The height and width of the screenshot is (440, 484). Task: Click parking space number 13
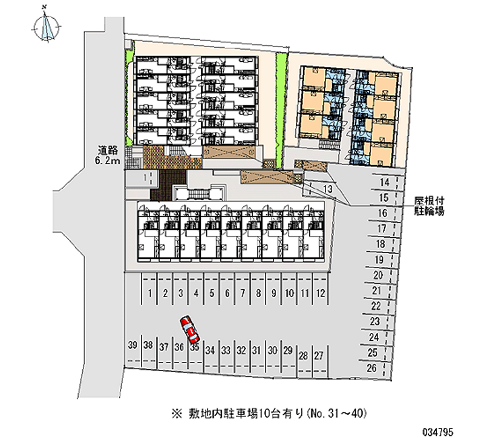(x=328, y=190)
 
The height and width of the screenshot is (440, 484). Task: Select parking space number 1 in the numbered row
(x=149, y=294)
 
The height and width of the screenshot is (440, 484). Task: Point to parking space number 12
(x=321, y=294)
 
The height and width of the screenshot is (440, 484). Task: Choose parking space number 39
(x=132, y=346)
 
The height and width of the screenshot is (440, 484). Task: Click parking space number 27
(x=319, y=355)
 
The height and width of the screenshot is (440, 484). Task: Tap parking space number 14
(x=384, y=182)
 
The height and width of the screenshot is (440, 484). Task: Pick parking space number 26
(x=373, y=368)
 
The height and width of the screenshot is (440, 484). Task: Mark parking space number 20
(x=378, y=275)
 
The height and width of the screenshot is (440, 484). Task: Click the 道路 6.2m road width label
(x=110, y=155)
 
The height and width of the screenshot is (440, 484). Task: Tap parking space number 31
(x=257, y=350)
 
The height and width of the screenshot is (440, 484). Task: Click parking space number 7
(x=243, y=294)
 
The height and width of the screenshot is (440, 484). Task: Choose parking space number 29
(x=288, y=350)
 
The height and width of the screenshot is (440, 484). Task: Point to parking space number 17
(x=381, y=229)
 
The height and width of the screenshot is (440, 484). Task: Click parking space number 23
(x=375, y=321)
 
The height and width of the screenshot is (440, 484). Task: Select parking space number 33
(x=225, y=350)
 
